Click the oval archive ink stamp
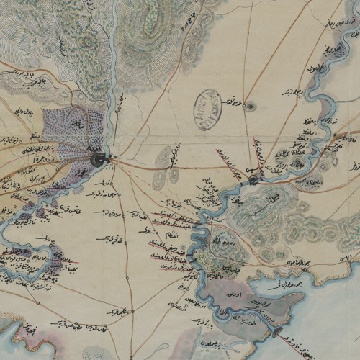(x=207, y=109)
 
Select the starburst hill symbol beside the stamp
(x=251, y=107)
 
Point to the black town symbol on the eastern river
(x=252, y=179)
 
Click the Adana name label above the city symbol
(x=94, y=148)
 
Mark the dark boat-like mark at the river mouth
(x=278, y=331)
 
